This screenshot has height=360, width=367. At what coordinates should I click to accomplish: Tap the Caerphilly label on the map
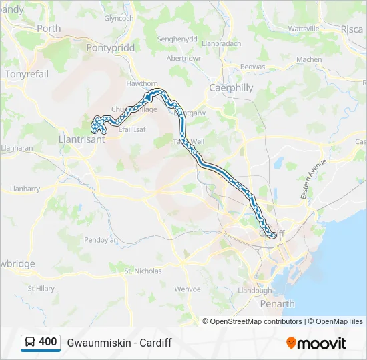[232, 87]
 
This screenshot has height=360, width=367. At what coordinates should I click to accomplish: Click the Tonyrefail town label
[27, 74]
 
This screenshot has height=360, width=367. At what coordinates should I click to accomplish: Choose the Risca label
[352, 29]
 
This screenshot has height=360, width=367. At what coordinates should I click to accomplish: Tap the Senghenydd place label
[177, 39]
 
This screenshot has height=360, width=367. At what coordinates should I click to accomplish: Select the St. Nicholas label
[143, 271]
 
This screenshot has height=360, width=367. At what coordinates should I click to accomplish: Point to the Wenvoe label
[187, 289]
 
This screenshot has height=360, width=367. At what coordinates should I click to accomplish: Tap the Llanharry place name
[25, 189]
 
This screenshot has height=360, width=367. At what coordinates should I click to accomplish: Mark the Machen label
[309, 59]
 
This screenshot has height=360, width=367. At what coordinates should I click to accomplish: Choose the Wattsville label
[304, 29]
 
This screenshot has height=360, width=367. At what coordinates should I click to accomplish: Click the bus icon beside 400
[30, 343]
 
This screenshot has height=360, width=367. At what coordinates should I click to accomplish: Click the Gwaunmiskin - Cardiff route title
[119, 343]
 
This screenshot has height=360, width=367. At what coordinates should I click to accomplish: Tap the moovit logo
[316, 343]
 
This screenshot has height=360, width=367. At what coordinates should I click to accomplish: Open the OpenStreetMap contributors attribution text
[256, 321]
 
